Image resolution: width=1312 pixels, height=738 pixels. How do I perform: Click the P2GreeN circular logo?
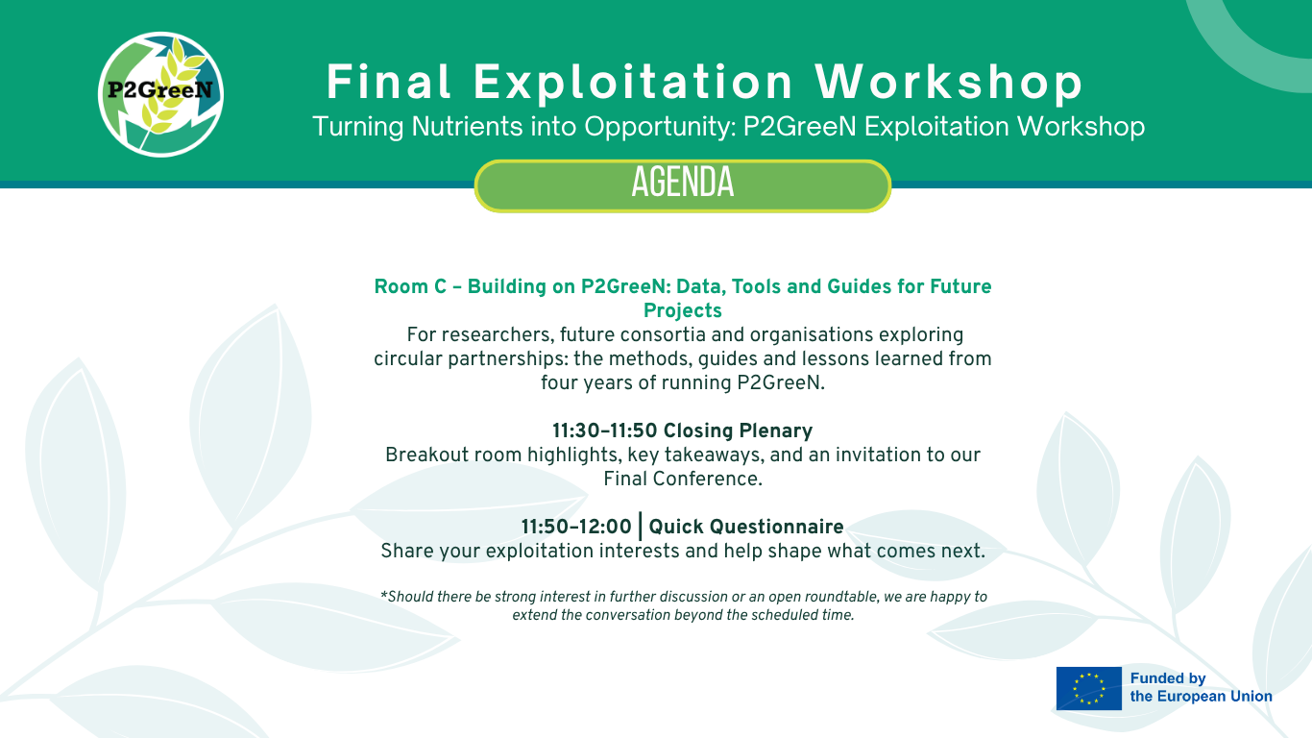(x=160, y=94)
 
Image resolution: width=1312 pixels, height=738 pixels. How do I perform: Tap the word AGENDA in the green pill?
(x=682, y=183)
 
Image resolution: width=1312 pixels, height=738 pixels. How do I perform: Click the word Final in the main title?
(x=388, y=82)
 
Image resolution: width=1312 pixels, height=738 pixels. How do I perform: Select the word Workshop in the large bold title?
(x=949, y=82)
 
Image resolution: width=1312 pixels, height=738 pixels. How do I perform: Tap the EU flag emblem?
(x=1089, y=688)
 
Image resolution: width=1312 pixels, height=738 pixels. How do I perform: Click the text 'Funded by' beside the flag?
(x=1168, y=678)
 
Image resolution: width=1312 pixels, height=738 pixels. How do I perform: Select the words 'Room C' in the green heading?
(x=410, y=286)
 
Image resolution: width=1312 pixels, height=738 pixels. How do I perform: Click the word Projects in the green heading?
(x=682, y=310)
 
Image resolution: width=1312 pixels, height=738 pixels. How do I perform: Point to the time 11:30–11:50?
(x=604, y=430)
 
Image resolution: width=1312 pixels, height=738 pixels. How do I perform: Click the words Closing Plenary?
(x=738, y=430)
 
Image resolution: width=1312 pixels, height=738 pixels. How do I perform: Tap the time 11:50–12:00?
(x=576, y=527)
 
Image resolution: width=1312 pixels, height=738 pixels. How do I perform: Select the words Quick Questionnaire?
(x=746, y=527)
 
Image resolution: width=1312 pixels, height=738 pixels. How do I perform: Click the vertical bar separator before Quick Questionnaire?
(x=641, y=527)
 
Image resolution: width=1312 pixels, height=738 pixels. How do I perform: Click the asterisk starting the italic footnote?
(x=383, y=596)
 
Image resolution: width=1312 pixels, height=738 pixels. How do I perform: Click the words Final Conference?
(x=682, y=479)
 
